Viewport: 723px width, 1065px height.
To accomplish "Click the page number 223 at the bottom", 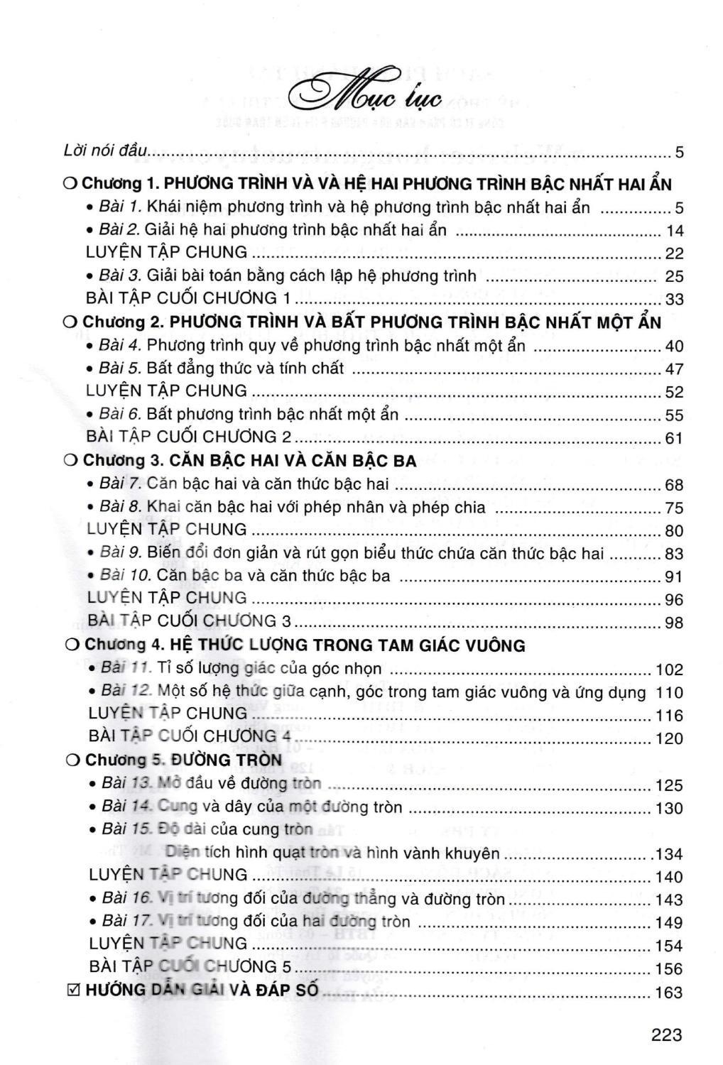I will click(x=666, y=1035).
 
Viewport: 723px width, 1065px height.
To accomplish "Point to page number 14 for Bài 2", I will click(x=674, y=231).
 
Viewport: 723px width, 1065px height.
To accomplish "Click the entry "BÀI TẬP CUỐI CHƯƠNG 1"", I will click(x=187, y=298).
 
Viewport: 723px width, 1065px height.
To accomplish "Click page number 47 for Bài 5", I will click(x=674, y=369).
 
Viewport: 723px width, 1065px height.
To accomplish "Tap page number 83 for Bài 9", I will click(x=674, y=554).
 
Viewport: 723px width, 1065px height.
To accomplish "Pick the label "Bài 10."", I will click(x=126, y=576).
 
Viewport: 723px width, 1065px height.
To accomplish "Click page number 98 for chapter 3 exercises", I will click(x=674, y=623).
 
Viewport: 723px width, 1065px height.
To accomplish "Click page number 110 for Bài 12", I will click(x=670, y=692).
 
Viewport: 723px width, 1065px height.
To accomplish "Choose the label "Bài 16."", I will click(x=126, y=898).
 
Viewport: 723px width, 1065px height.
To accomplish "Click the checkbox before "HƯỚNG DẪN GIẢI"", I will click(x=71, y=990).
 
